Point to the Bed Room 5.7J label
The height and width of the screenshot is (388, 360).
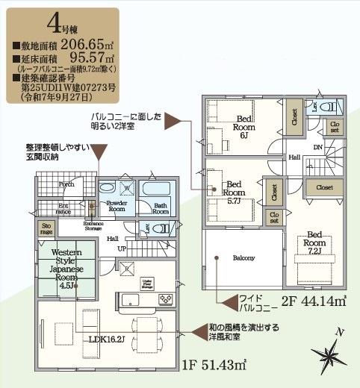(235, 189)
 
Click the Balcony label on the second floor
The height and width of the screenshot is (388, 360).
(243, 257)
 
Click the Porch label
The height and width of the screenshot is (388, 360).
(66, 183)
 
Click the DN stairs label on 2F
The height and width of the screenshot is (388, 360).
(317, 147)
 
